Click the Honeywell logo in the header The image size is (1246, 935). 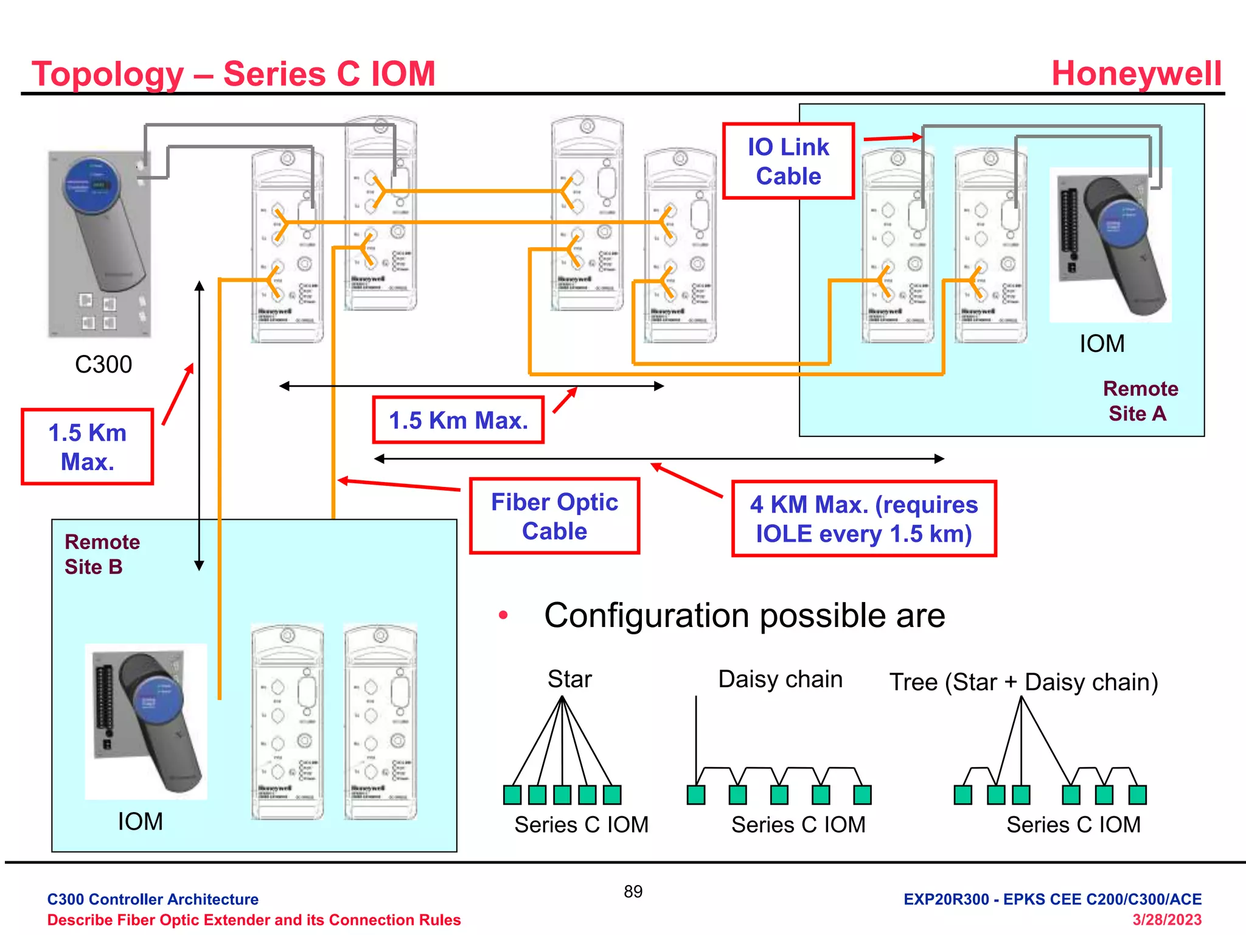click(x=1136, y=74)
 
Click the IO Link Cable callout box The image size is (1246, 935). click(x=788, y=161)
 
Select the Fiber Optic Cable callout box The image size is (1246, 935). click(x=554, y=516)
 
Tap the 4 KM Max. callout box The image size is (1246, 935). click(x=863, y=519)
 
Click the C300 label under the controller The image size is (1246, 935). click(x=103, y=364)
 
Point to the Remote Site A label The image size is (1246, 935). click(x=1140, y=401)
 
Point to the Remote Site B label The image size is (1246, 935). click(x=102, y=554)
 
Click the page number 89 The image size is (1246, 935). click(x=633, y=891)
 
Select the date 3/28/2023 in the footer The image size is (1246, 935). click(x=1166, y=919)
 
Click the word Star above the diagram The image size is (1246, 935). click(x=569, y=679)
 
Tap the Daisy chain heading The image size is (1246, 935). click(x=780, y=679)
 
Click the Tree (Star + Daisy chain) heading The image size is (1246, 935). click(x=1023, y=682)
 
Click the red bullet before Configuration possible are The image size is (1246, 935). click(x=503, y=615)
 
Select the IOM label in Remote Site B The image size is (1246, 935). click(x=140, y=821)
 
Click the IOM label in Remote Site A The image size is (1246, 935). click(x=1101, y=343)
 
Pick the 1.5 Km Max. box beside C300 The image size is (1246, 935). click(x=87, y=447)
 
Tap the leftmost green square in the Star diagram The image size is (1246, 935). click(x=512, y=794)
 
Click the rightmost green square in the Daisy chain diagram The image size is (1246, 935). click(x=862, y=794)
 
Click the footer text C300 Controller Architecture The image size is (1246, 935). click(x=153, y=899)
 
